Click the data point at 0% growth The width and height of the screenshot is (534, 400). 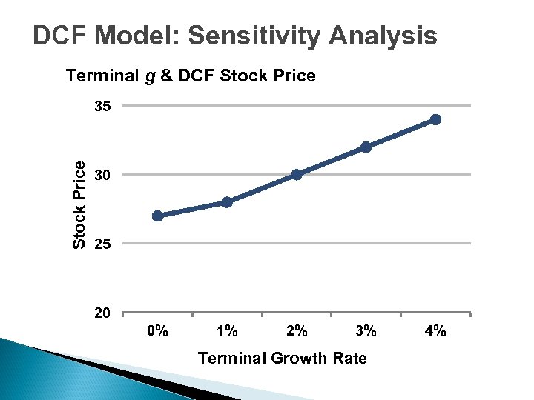click(x=157, y=216)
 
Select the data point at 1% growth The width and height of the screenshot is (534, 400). click(x=227, y=201)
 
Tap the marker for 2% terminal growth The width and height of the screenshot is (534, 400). click(x=297, y=175)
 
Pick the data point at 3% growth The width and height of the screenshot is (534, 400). click(x=366, y=147)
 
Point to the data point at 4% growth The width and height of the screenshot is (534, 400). click(x=435, y=119)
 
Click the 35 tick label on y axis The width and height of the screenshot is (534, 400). click(x=102, y=107)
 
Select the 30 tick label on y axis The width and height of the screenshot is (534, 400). click(x=102, y=176)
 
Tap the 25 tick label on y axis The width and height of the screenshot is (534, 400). click(x=102, y=244)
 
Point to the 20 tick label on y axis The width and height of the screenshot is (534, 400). click(x=102, y=313)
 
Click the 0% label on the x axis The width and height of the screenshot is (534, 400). click(x=157, y=331)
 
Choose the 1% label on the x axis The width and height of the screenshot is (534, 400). click(x=227, y=331)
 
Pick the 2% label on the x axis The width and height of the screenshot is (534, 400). click(x=297, y=331)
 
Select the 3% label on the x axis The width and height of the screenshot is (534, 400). click(x=366, y=331)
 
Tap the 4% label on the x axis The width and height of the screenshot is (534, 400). click(x=435, y=331)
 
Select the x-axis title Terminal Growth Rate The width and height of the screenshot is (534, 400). click(x=282, y=359)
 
